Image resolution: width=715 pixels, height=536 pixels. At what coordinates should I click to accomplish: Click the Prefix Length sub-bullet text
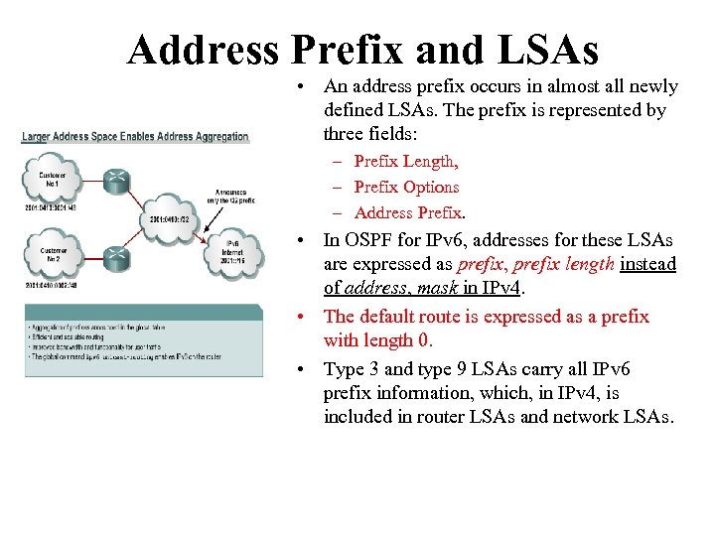coord(405,161)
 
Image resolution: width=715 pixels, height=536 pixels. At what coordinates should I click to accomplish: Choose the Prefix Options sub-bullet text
coord(406,187)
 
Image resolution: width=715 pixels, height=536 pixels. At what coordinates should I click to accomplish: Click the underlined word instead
coord(647,264)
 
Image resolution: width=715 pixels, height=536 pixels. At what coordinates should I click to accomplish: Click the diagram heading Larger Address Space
coord(135,136)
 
